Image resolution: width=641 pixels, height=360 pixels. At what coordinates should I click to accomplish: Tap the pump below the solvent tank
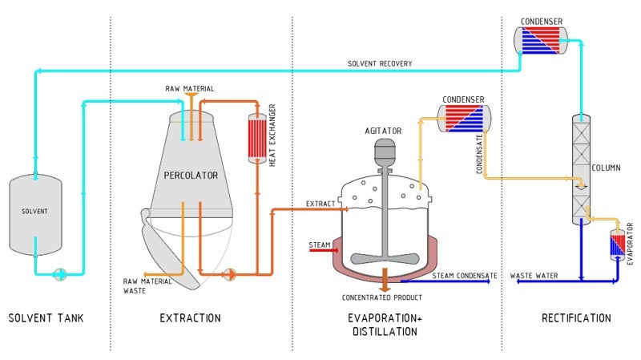tap(61, 273)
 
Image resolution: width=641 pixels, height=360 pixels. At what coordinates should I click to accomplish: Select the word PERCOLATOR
tap(191, 175)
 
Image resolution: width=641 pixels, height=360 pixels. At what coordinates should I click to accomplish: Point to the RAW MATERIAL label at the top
tap(190, 88)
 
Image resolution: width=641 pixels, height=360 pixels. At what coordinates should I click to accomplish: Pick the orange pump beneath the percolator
tap(229, 273)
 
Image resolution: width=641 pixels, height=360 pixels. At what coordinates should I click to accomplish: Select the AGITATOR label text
tap(383, 131)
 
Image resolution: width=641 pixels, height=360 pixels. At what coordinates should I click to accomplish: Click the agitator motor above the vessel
tap(385, 149)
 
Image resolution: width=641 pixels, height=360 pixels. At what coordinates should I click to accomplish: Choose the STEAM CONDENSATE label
tap(465, 276)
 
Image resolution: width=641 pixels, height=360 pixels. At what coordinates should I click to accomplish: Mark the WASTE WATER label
tap(534, 276)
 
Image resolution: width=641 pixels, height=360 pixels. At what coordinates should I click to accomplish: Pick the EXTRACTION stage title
tap(190, 318)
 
